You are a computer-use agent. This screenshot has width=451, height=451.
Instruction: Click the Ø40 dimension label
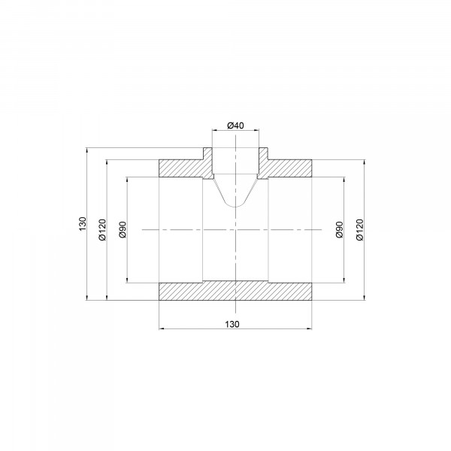pyautogui.click(x=235, y=126)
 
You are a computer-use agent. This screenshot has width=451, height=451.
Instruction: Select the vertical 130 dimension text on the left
pyautogui.click(x=83, y=224)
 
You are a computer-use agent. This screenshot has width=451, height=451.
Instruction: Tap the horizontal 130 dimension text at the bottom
pyautogui.click(x=232, y=324)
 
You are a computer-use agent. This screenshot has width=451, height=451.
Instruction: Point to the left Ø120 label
pyautogui.click(x=102, y=229)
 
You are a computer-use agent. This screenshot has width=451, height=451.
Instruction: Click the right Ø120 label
pyautogui.click(x=359, y=229)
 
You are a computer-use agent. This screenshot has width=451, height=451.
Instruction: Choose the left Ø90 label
pyautogui.click(x=123, y=229)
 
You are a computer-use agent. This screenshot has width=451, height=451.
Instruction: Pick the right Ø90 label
pyautogui.click(x=340, y=229)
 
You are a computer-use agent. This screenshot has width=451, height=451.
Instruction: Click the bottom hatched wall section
pyautogui.click(x=235, y=292)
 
